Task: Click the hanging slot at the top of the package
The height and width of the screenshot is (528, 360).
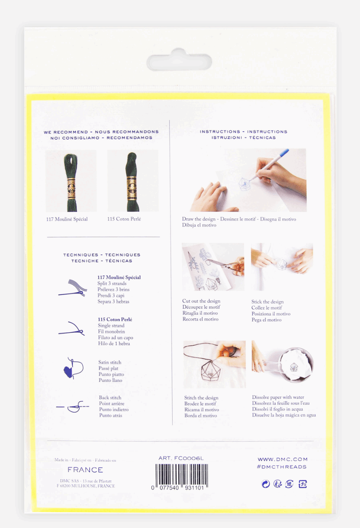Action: click(x=179, y=61)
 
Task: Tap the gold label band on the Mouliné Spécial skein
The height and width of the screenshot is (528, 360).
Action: click(x=71, y=188)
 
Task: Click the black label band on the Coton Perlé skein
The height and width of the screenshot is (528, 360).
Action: click(x=132, y=188)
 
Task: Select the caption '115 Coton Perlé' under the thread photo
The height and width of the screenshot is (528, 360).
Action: click(x=124, y=219)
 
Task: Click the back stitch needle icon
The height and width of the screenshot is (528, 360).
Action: click(x=73, y=407)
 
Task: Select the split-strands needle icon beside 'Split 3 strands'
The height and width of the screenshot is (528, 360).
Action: click(x=73, y=288)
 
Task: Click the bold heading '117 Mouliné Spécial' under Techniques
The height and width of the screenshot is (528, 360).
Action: click(x=119, y=277)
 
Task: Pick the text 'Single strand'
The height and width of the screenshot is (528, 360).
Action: click(x=111, y=325)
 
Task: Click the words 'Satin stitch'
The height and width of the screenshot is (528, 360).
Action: click(x=110, y=362)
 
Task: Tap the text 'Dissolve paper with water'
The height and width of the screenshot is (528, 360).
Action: click(x=278, y=397)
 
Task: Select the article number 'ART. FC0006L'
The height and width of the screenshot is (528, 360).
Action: click(x=181, y=458)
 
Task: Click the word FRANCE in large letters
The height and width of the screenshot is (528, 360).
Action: click(x=85, y=470)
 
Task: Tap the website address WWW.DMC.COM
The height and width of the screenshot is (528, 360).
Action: click(x=283, y=459)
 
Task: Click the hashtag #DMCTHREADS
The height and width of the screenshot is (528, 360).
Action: click(x=282, y=467)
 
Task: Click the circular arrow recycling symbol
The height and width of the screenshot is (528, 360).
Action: click(x=266, y=484)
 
